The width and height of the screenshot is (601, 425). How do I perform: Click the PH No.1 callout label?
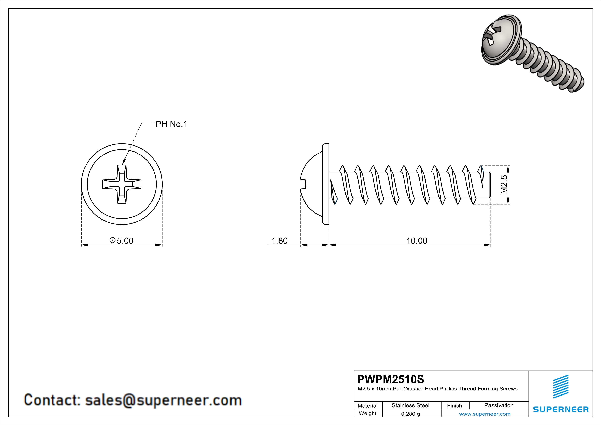171,124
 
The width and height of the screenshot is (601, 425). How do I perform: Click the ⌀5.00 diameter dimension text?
122,240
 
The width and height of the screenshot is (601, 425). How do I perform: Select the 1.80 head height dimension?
279,240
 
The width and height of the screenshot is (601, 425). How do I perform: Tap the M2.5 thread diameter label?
504,185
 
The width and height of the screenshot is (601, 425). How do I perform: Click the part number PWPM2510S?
391,379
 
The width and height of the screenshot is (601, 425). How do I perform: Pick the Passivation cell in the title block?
499,405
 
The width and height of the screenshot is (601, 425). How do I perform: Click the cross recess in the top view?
122,184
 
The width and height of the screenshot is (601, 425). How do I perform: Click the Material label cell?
368,406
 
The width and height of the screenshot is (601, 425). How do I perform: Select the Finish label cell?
454,406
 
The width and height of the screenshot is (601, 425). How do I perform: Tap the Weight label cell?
368,413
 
